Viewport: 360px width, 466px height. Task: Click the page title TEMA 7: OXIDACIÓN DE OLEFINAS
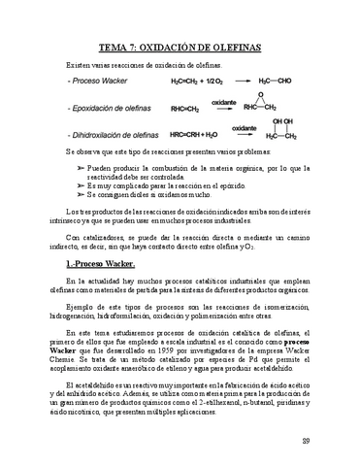pyautogui.click(x=180, y=46)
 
